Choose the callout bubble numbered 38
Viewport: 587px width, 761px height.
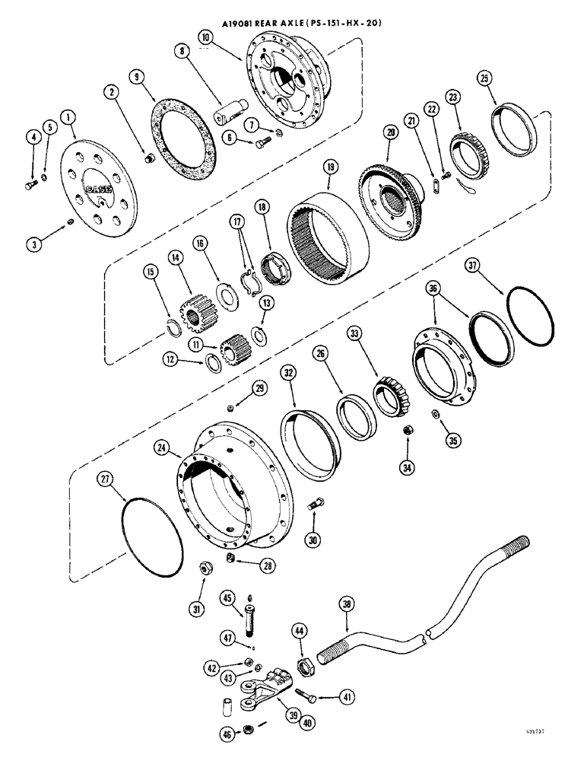pos(347,606)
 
